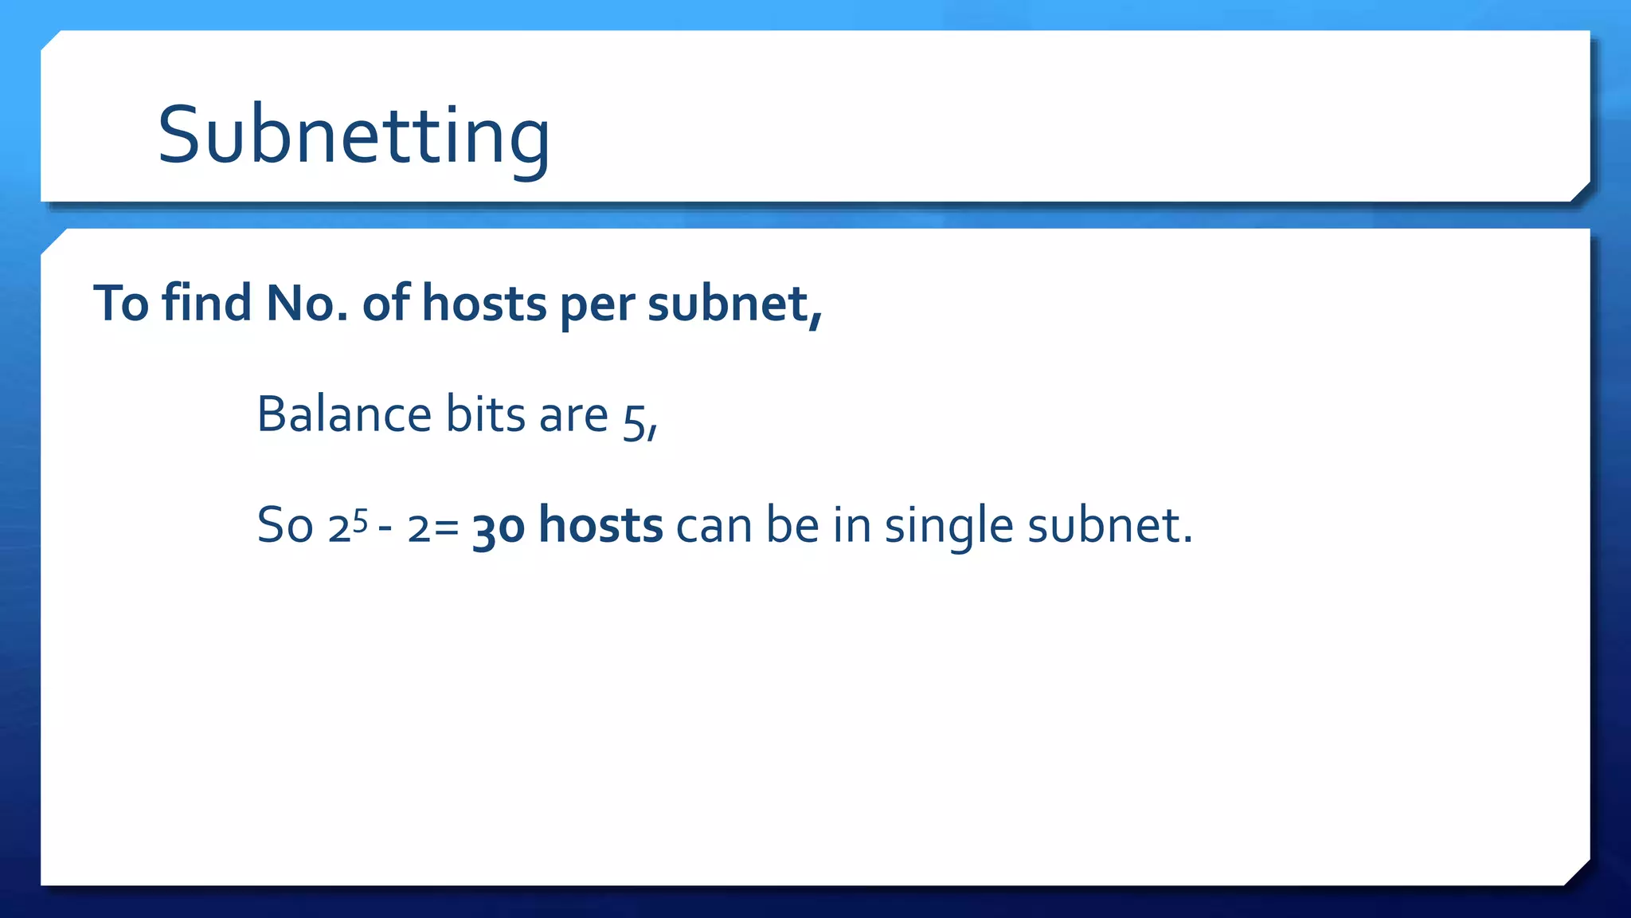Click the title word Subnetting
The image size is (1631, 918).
point(354,135)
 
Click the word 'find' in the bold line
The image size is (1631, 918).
point(206,304)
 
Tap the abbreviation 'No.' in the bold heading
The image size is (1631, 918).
point(307,304)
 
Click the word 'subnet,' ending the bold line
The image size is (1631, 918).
point(734,304)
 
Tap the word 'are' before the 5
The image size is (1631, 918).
point(573,417)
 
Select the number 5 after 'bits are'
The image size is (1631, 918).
point(634,422)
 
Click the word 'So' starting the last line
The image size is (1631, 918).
point(284,526)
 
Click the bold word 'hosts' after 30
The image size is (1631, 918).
point(600,526)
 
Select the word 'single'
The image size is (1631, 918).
point(948,528)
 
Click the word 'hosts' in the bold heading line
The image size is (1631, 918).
point(484,304)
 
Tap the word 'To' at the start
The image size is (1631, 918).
point(121,304)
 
